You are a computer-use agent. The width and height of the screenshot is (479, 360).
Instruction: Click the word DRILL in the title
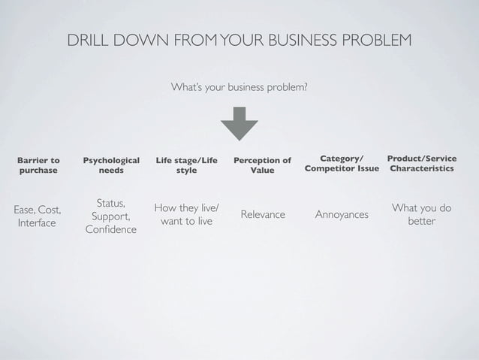[89, 39]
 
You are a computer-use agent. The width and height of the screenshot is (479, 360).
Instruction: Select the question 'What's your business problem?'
[239, 88]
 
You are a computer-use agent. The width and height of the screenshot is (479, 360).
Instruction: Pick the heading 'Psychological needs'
[111, 165]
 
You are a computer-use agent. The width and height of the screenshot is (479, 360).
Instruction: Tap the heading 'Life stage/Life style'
[186, 165]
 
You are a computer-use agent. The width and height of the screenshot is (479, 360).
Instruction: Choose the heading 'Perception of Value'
[262, 165]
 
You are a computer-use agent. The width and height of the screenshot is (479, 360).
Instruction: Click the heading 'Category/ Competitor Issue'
[342, 164]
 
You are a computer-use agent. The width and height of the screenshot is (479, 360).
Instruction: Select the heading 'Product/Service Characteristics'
[421, 164]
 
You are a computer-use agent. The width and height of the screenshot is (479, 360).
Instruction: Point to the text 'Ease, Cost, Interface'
[37, 216]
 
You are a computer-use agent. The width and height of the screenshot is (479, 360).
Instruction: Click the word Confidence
[111, 229]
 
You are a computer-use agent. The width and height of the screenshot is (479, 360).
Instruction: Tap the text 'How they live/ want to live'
[186, 214]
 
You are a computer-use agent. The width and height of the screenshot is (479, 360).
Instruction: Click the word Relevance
[262, 215]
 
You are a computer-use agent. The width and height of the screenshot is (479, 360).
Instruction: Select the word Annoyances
[342, 215]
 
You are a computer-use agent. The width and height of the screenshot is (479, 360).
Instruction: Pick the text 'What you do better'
[421, 214]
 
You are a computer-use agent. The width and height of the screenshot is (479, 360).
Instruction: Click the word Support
[111, 216]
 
